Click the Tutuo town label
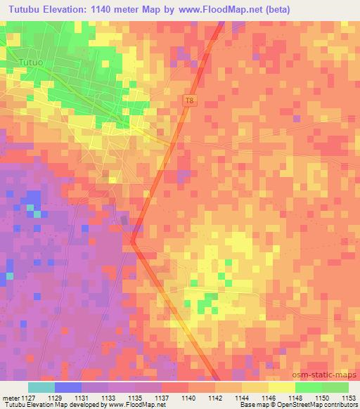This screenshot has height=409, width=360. pos(31,63)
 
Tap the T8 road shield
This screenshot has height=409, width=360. pos(188,100)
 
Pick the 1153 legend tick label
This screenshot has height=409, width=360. pos(349,397)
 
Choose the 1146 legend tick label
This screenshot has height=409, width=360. pos(269,397)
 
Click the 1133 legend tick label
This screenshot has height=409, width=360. pos(108,397)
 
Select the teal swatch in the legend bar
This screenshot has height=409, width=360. pos(41,387)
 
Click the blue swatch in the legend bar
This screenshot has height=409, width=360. pos(68,387)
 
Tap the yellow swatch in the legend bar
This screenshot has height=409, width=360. pos(282,387)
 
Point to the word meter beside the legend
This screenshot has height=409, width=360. pos(10,397)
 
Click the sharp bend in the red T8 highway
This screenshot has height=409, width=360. pos(132,241)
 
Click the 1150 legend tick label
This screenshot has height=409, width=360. pos(322,397)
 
